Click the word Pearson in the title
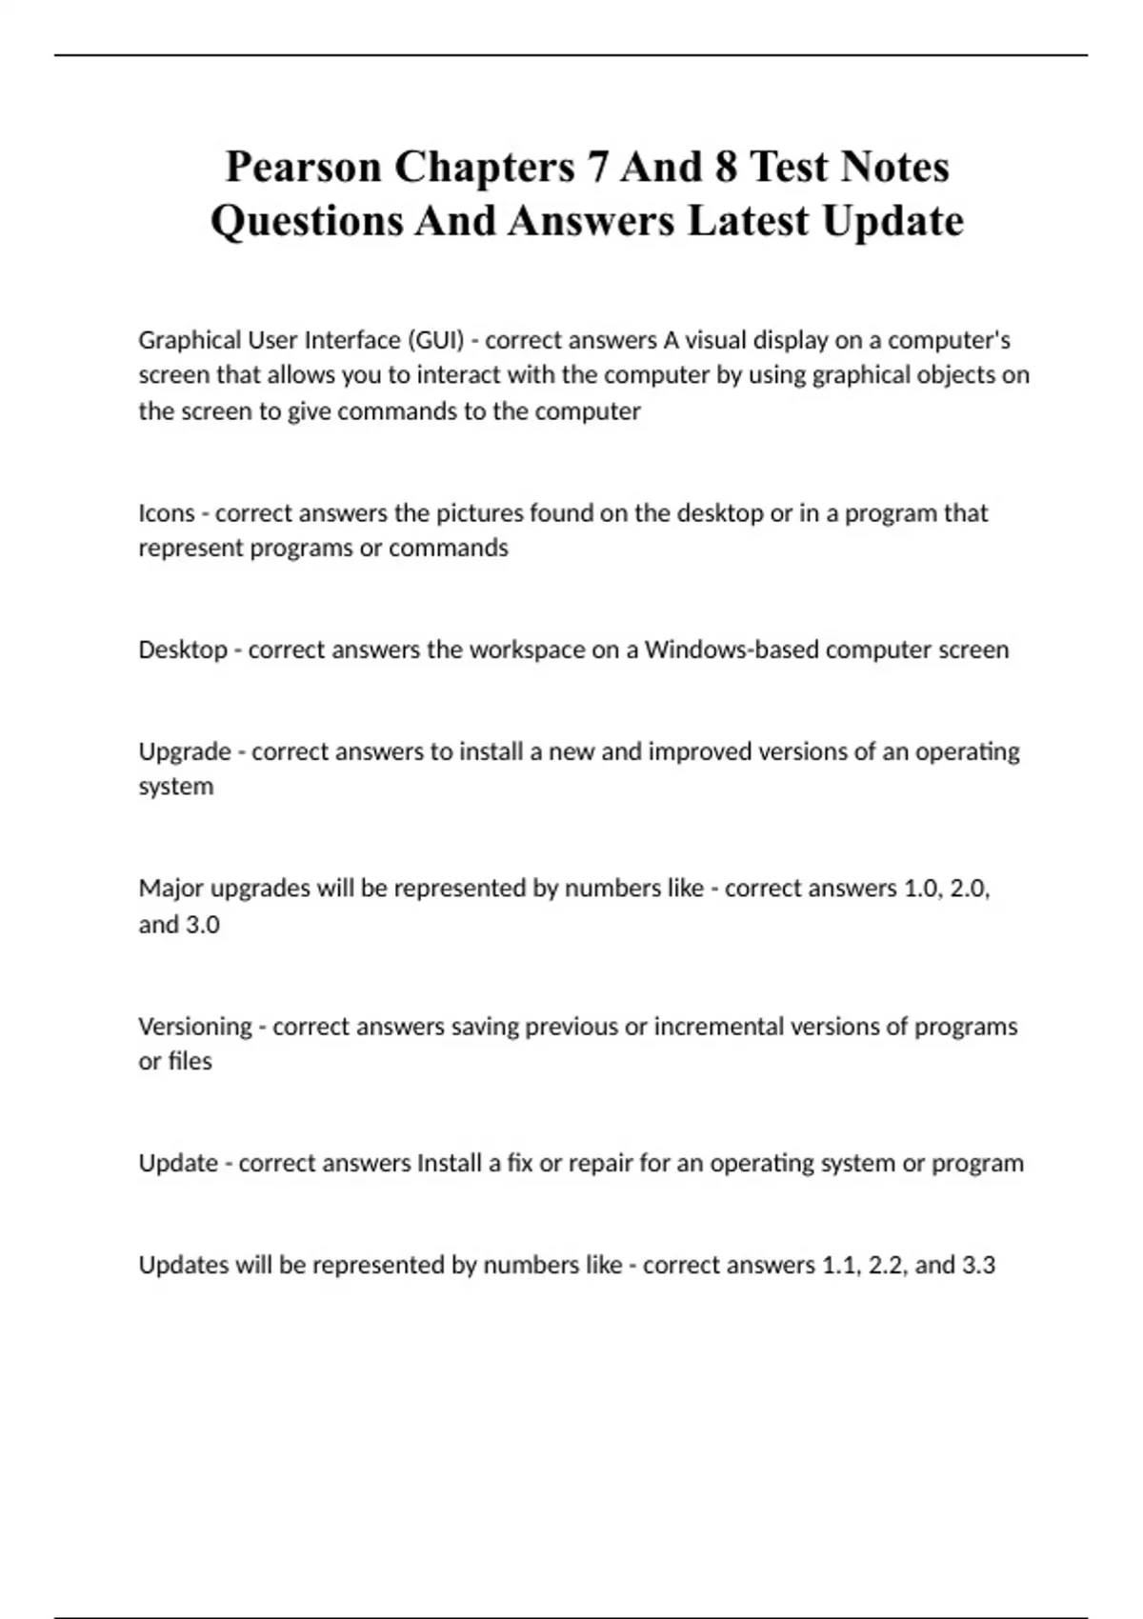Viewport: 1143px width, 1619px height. (303, 168)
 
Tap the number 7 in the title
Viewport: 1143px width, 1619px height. (596, 168)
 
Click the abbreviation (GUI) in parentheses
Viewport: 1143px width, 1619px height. (435, 340)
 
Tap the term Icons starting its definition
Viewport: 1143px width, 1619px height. (167, 513)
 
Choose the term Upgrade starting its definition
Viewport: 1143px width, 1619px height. (185, 751)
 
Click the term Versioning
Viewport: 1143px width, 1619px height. (195, 1027)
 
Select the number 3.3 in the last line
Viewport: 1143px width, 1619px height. (978, 1265)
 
